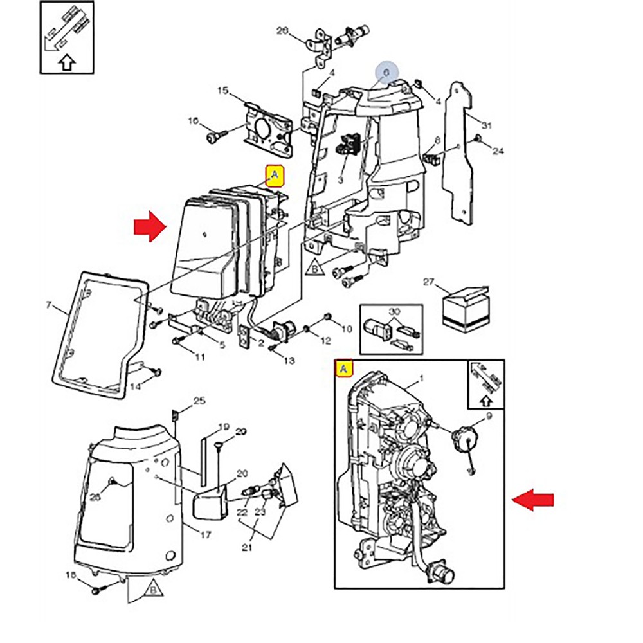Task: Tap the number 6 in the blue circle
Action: (x=386, y=73)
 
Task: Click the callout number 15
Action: (x=222, y=91)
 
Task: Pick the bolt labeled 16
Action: (x=215, y=136)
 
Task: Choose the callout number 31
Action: (x=486, y=125)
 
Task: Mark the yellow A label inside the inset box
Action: (x=344, y=369)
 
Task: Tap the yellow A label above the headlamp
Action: (x=275, y=175)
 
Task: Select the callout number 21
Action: (x=248, y=547)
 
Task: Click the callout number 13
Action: (x=289, y=361)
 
